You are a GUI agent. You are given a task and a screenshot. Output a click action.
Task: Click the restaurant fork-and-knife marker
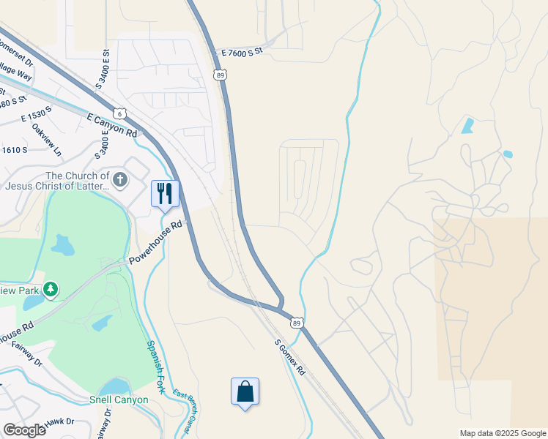(165, 194)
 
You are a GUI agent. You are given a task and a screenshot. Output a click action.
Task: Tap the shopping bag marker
(245, 391)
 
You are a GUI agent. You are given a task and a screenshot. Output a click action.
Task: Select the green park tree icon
(51, 290)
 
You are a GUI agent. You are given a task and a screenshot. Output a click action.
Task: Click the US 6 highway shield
(120, 113)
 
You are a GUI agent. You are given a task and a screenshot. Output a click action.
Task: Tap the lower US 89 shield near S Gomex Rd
(296, 322)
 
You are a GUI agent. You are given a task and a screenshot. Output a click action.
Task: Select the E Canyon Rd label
(112, 125)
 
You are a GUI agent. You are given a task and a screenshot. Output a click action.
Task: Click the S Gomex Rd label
(290, 357)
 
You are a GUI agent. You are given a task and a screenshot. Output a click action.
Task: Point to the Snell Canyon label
(119, 400)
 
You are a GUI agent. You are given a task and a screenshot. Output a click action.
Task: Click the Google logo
(23, 429)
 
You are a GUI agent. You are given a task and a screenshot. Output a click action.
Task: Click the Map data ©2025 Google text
(503, 433)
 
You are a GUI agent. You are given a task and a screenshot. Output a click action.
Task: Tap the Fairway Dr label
(27, 356)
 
